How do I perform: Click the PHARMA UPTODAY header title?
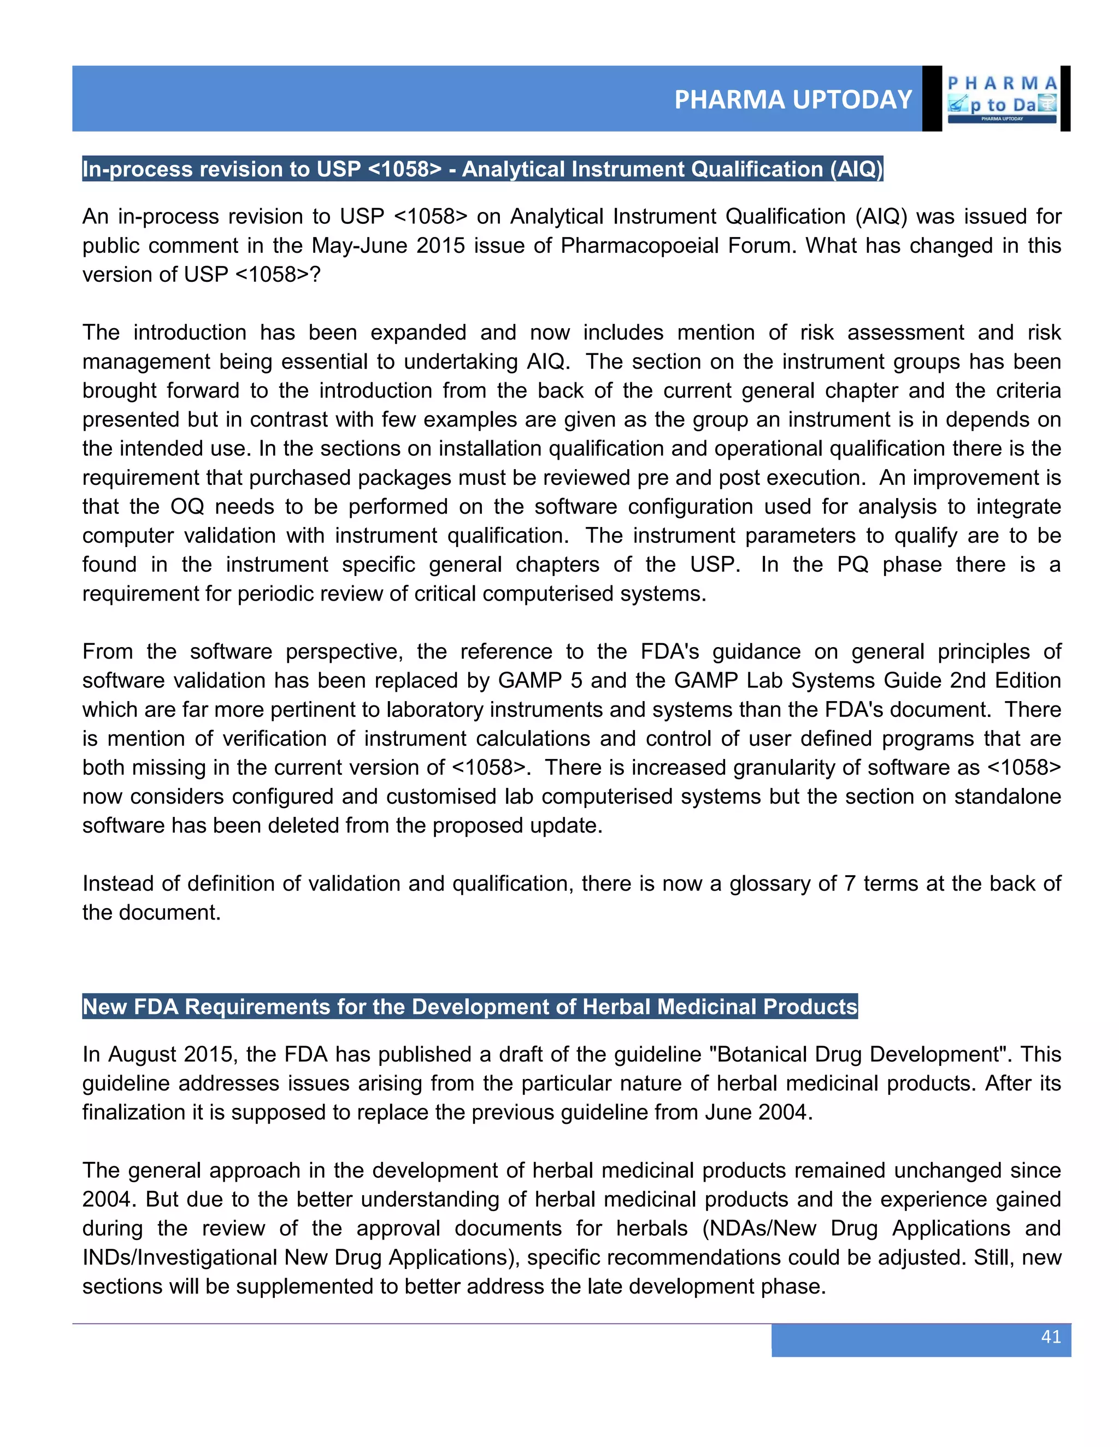coord(793,99)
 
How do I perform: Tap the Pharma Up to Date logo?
coord(1002,99)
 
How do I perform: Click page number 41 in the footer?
coord(1051,1336)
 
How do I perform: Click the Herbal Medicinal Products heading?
coord(469,1006)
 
